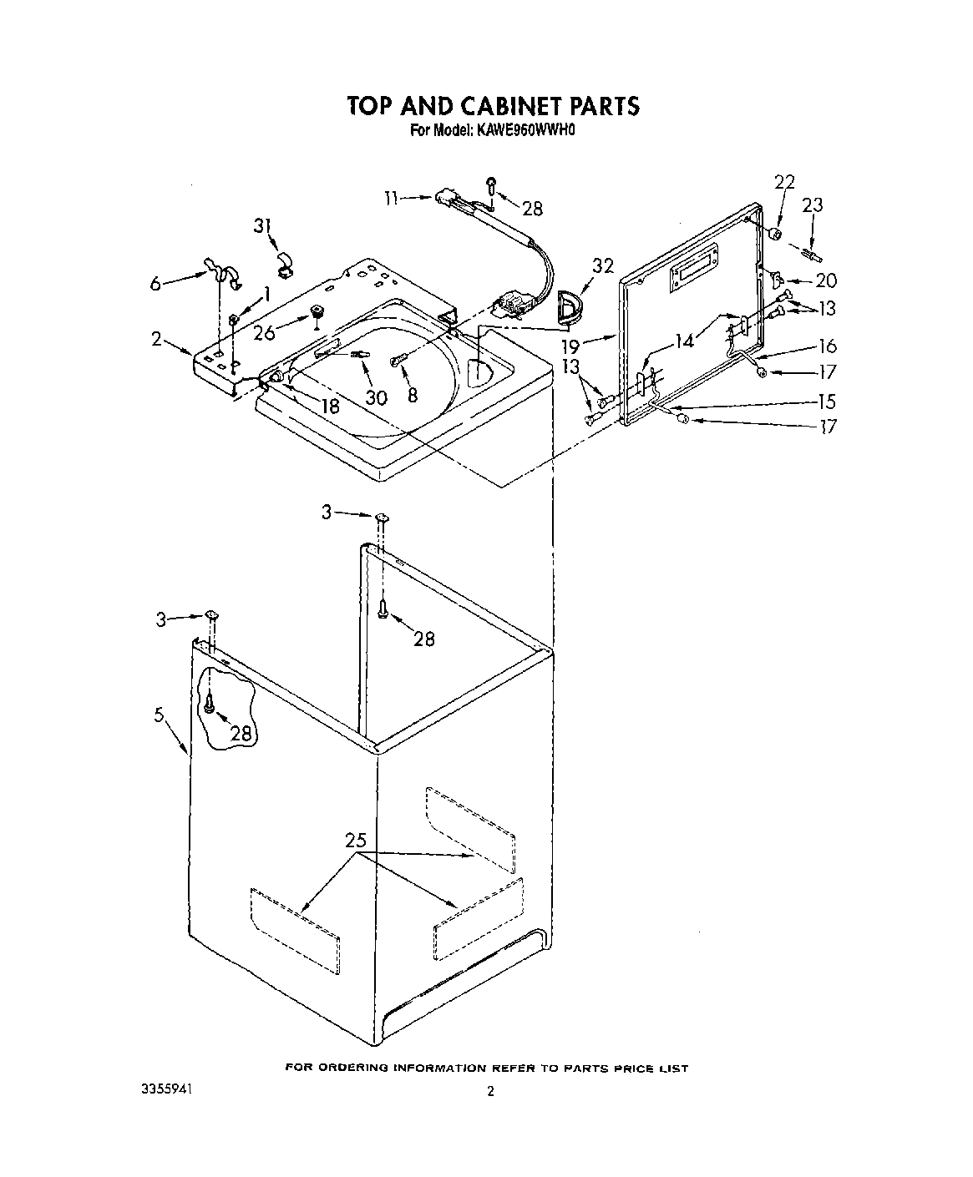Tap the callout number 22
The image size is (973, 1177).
[784, 183]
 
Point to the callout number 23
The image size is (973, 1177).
[812, 205]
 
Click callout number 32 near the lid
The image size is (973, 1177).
[603, 266]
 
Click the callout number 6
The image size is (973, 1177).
[155, 284]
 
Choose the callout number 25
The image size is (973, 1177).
[356, 841]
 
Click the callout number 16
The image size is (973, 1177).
[827, 346]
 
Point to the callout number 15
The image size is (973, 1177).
[827, 400]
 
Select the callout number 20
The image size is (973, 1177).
[825, 281]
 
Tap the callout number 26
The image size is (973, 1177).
[265, 333]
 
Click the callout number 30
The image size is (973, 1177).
[376, 398]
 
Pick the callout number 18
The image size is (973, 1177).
[331, 407]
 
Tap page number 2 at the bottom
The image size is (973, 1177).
[490, 1090]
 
